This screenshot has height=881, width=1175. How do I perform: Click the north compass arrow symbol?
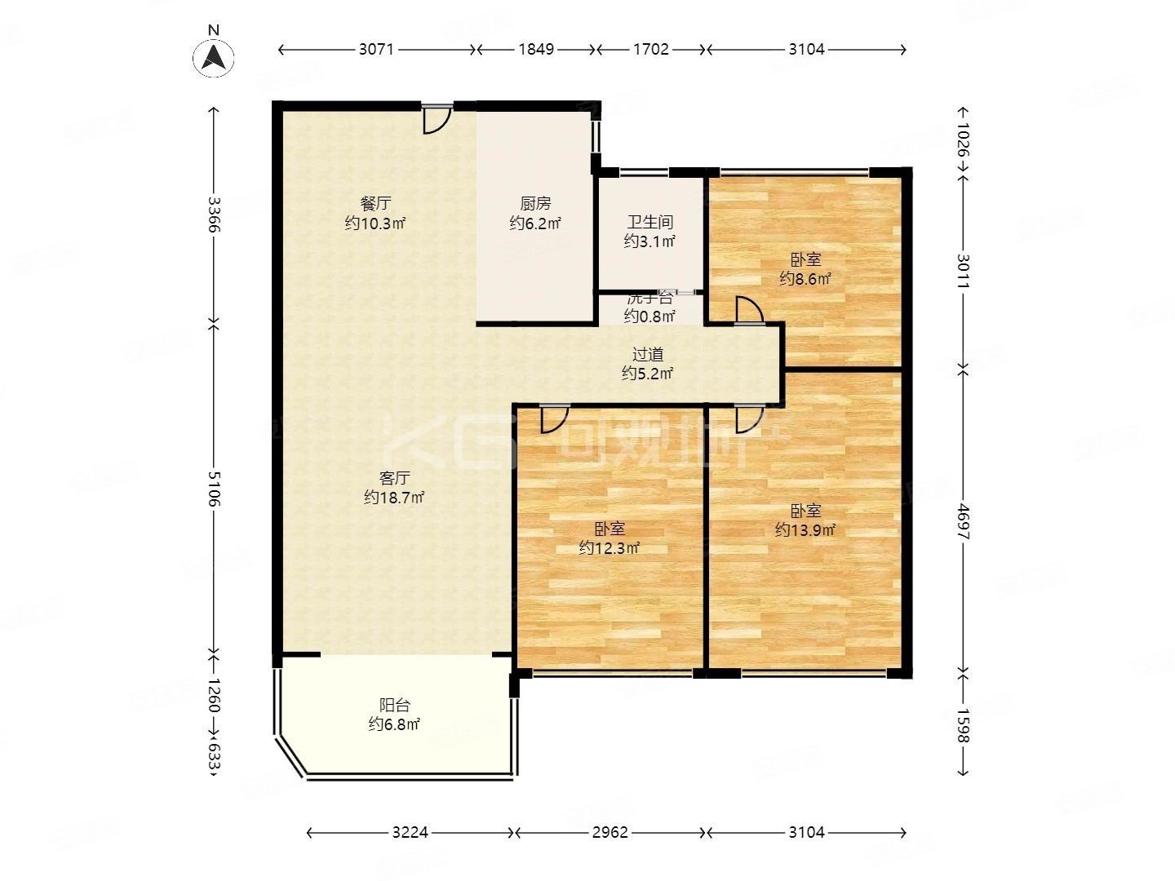pos(214,57)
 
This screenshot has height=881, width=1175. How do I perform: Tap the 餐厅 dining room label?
pos(375,203)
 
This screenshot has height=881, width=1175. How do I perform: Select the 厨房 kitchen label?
pos(535,204)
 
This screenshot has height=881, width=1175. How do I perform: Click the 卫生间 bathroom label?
pos(650,222)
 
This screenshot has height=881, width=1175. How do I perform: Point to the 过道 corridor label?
pos(648,355)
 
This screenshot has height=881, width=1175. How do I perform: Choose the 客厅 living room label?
pos(394,478)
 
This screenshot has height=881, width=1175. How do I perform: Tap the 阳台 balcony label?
pos(394,706)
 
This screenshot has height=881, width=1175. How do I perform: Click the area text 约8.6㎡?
pos(805,279)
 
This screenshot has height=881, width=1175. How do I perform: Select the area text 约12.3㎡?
pos(609,548)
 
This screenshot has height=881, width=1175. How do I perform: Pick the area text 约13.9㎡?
pos(805,530)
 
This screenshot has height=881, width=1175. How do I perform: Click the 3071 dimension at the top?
pos(376,49)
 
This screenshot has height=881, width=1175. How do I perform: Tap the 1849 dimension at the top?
pos(536,49)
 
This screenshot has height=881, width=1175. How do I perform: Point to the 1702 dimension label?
pos(651,49)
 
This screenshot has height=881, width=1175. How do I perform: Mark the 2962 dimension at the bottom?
pos(610,833)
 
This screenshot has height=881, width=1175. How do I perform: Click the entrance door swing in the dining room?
pos(436,121)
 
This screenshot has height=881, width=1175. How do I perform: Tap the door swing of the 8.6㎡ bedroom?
pos(747,311)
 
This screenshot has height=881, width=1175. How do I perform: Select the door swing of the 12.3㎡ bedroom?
pos(553,418)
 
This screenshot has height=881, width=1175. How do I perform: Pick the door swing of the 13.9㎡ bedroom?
pos(747,418)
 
